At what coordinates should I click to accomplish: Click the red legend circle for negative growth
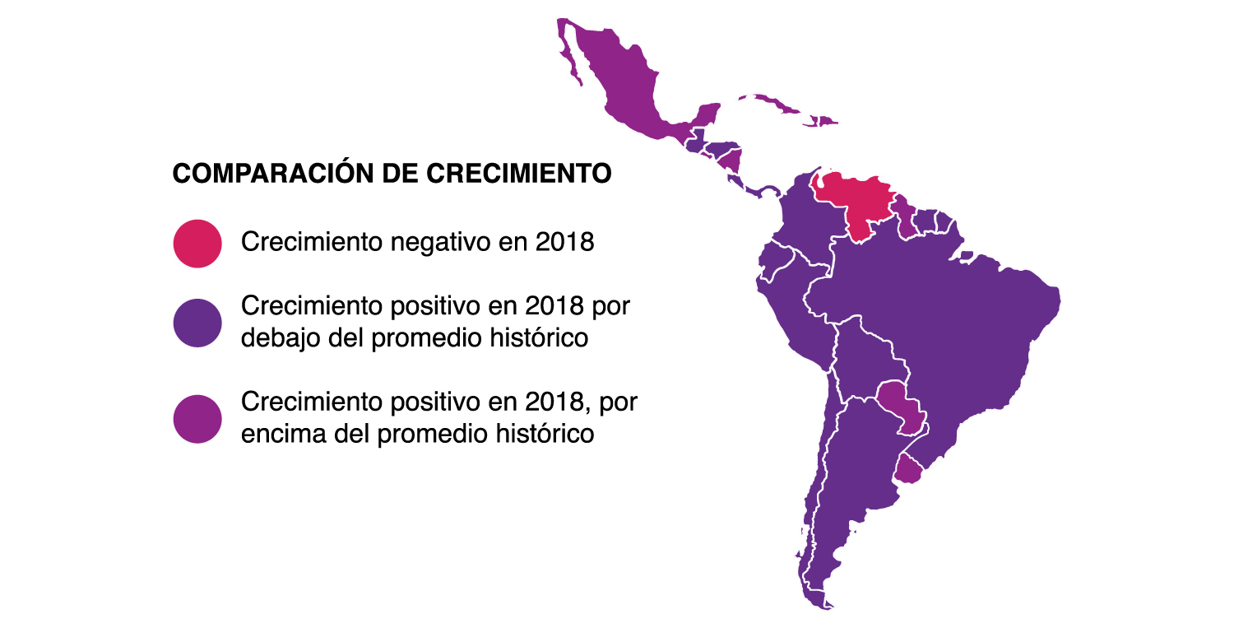(x=197, y=244)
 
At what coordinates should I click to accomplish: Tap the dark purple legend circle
(x=197, y=323)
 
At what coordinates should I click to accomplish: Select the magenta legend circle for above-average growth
(x=197, y=419)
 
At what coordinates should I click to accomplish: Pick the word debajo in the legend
(x=282, y=337)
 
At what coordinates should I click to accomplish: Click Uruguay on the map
(x=907, y=470)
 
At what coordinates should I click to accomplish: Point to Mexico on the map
(x=625, y=91)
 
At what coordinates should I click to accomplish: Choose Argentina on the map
(x=856, y=477)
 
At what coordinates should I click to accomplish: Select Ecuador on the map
(x=773, y=263)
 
